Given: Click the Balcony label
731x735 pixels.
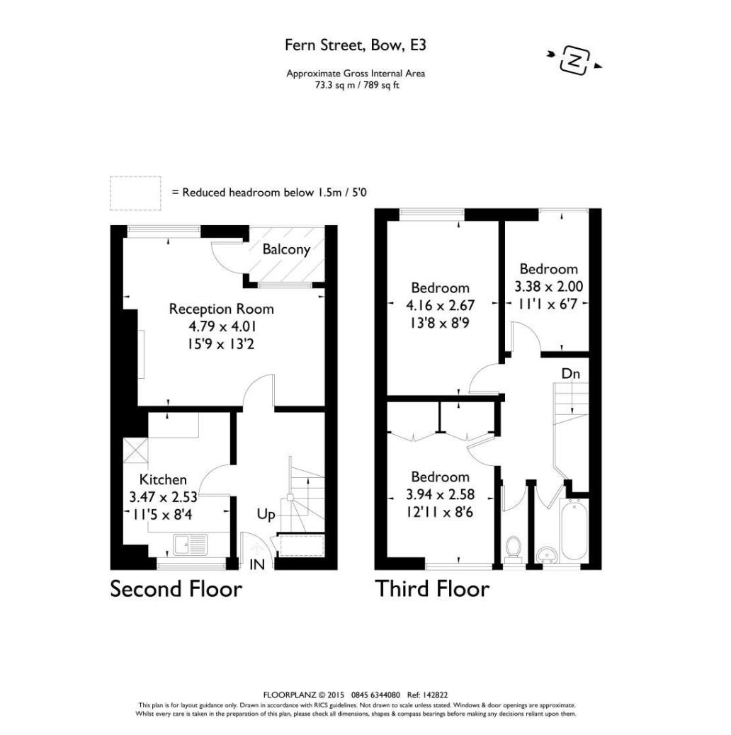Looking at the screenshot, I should pyautogui.click(x=286, y=249).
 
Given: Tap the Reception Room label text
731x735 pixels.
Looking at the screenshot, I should pyautogui.click(x=221, y=309).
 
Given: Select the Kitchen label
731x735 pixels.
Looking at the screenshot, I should pyautogui.click(x=163, y=479).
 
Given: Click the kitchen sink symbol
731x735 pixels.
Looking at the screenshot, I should pyautogui.click(x=189, y=545).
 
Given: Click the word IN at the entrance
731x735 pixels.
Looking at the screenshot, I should pyautogui.click(x=256, y=564).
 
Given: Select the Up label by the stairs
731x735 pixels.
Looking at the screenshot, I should pyautogui.click(x=266, y=515).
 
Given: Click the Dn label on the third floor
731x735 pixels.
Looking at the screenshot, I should pyautogui.click(x=571, y=372).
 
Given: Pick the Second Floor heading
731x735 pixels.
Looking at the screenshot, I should pyautogui.click(x=176, y=589).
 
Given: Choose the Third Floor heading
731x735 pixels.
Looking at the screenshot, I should pyautogui.click(x=432, y=589).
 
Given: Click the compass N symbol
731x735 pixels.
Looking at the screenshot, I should pyautogui.click(x=575, y=59).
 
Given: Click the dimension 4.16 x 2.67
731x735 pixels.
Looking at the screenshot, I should pyautogui.click(x=440, y=305).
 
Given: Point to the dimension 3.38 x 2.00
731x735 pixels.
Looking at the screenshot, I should pyautogui.click(x=548, y=287).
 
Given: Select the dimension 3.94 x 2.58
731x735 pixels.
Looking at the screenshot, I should pyautogui.click(x=440, y=494).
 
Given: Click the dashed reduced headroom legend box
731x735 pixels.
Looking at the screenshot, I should pyautogui.click(x=135, y=193).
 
